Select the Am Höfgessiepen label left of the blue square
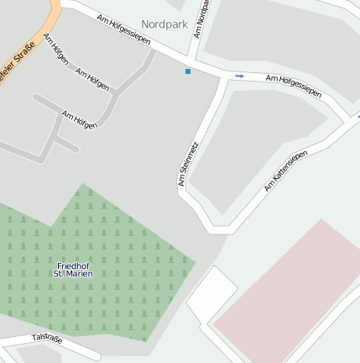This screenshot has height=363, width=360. click(x=123, y=29)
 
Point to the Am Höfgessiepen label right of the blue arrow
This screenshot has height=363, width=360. click(x=294, y=85)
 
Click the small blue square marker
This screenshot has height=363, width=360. click(x=188, y=71)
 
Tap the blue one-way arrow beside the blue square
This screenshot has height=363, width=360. click(x=239, y=76)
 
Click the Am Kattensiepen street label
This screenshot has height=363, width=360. click(x=285, y=171)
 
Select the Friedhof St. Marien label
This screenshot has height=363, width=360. click(x=73, y=269)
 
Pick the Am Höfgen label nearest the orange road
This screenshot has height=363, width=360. click(x=55, y=50)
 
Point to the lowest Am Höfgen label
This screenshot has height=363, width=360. click(x=80, y=118)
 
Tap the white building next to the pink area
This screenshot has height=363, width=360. click(x=210, y=294)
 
